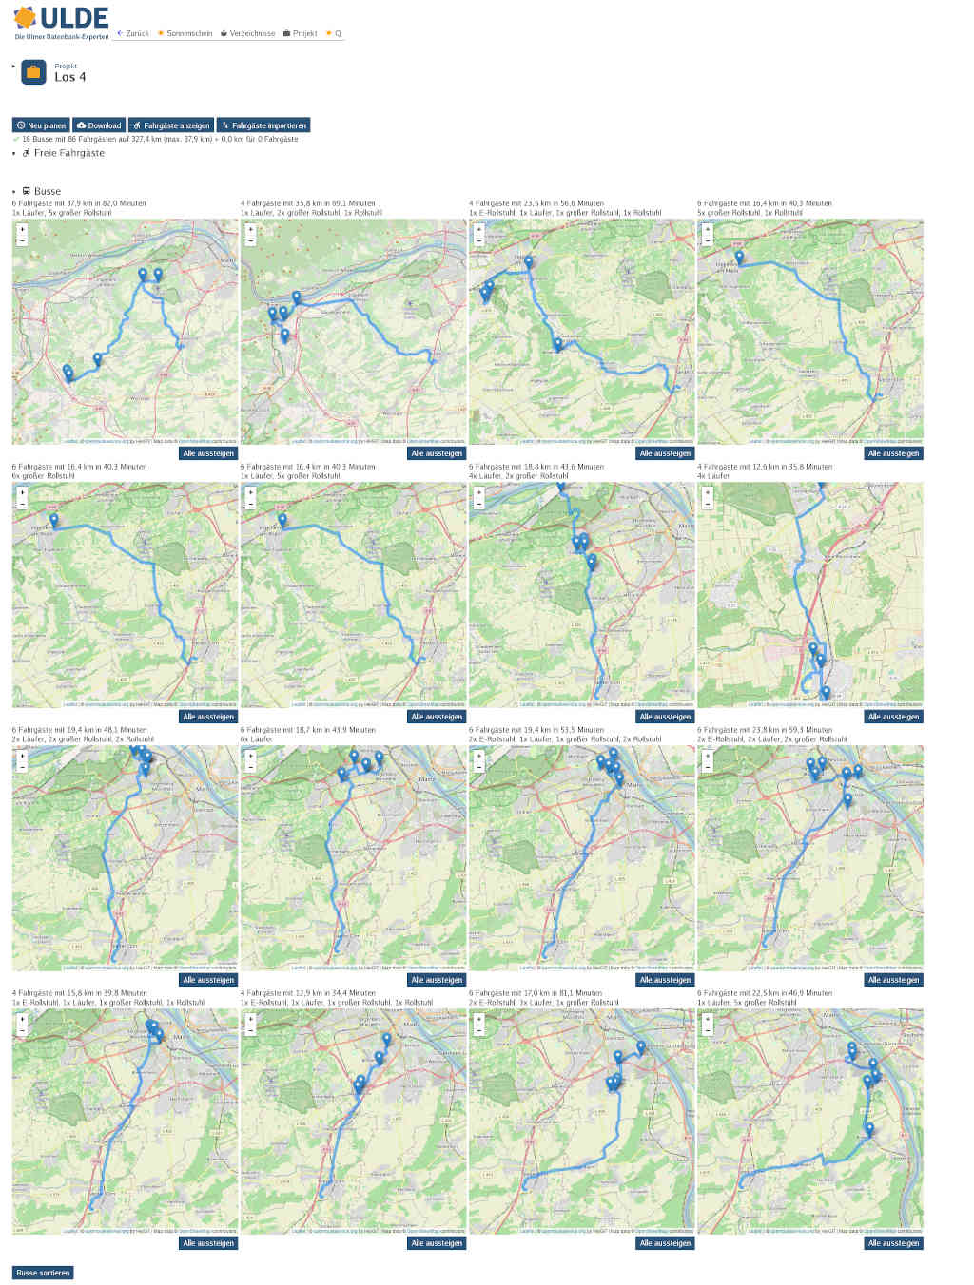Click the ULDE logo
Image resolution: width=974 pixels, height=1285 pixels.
(x=61, y=21)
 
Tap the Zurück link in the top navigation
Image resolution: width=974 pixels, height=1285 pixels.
(x=133, y=33)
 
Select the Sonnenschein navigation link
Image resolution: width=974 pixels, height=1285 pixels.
(x=185, y=33)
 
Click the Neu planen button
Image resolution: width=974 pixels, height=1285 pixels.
(x=42, y=125)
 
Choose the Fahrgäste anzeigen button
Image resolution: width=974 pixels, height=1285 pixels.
(x=171, y=125)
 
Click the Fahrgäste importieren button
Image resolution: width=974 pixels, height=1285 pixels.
(x=263, y=125)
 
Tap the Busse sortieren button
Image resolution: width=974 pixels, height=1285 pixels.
(x=43, y=1273)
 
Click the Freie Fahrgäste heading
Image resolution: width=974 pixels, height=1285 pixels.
(x=68, y=153)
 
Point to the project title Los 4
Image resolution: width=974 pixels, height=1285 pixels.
(x=69, y=77)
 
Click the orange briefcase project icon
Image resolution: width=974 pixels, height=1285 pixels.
(x=33, y=72)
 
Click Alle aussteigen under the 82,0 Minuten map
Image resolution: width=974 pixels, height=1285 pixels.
(x=208, y=453)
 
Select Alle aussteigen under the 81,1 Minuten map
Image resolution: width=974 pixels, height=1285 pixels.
(x=665, y=1243)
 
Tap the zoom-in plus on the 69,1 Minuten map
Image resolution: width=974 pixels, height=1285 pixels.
(x=250, y=229)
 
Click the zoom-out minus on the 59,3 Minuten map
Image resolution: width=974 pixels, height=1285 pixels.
(x=707, y=766)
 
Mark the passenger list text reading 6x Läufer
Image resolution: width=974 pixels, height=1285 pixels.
(x=257, y=738)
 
